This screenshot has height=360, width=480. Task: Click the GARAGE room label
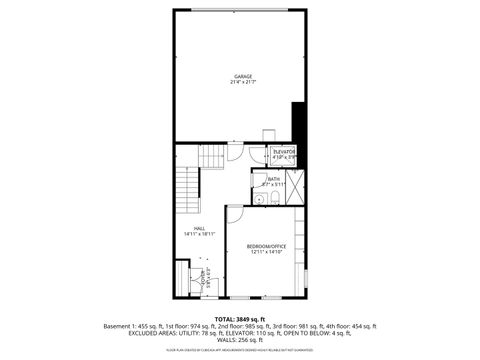pos(243,76)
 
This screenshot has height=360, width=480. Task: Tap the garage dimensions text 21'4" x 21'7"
pos(243,82)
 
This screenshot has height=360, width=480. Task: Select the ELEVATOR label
pos(285,151)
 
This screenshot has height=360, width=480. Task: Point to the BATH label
pos(274,179)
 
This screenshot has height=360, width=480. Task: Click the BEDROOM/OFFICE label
pos(267,246)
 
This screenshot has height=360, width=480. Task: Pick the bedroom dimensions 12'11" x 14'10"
pos(267,252)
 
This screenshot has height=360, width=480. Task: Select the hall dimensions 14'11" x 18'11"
pos(200,234)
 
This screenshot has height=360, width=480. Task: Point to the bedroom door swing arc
pos(234,214)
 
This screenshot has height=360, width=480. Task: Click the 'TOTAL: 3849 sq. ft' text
pos(240,318)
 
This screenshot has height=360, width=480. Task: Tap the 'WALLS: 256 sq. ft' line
pos(240,339)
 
